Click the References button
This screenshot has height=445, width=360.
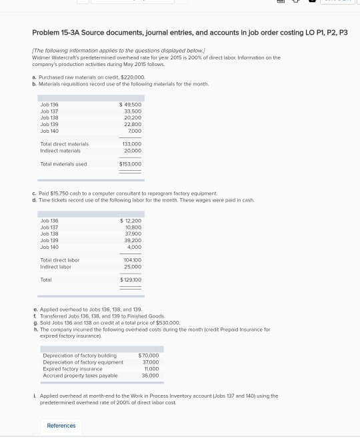pyautogui.click(x=61, y=426)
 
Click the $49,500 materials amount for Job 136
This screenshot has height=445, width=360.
pyautogui.click(x=131, y=105)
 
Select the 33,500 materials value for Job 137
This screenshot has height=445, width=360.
pyautogui.click(x=133, y=111)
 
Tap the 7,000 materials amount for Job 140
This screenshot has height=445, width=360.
pyautogui.click(x=135, y=131)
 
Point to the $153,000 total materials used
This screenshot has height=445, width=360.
pyautogui.click(x=131, y=164)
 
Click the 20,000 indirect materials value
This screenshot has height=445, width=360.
pyautogui.click(x=133, y=151)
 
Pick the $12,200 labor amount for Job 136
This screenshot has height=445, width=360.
pyautogui.click(x=131, y=221)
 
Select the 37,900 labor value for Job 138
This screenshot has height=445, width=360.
pyautogui.click(x=133, y=234)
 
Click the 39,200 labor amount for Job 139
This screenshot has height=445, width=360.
pyautogui.click(x=133, y=240)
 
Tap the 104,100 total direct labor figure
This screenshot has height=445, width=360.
pyautogui.click(x=132, y=260)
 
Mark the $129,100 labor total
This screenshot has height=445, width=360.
pyautogui.click(x=131, y=280)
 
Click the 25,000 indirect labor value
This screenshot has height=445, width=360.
pyautogui.click(x=133, y=267)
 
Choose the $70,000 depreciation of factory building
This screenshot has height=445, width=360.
pyautogui.click(x=149, y=356)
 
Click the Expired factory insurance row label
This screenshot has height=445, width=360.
pyautogui.click(x=73, y=369)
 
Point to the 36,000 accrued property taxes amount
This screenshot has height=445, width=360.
pyautogui.click(x=151, y=376)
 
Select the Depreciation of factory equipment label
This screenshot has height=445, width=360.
pyautogui.click(x=83, y=362)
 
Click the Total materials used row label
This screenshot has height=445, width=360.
pyautogui.click(x=63, y=164)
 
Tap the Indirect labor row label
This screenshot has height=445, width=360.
pyautogui.click(x=55, y=267)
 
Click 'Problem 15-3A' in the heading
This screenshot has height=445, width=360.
pyautogui.click(x=55, y=33)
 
